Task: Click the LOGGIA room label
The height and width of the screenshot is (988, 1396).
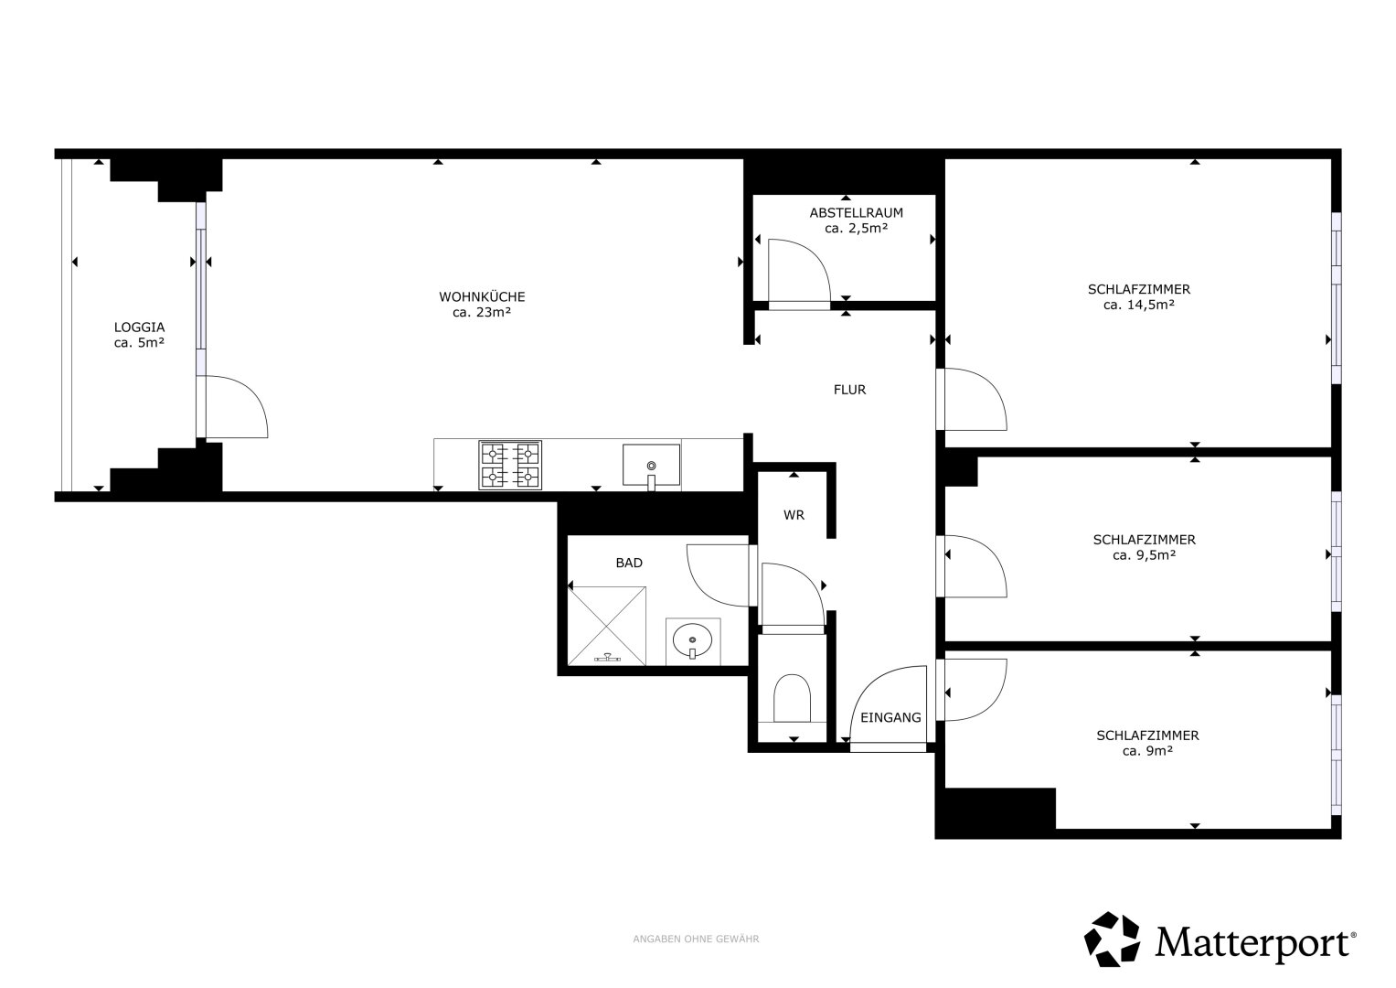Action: [139, 327]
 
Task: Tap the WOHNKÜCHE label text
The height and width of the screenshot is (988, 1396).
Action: [482, 297]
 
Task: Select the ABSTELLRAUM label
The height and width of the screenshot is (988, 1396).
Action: [857, 212]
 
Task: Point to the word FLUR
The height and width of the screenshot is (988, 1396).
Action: [849, 390]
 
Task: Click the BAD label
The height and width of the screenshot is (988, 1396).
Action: [629, 563]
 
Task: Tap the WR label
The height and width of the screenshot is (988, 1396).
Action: [794, 515]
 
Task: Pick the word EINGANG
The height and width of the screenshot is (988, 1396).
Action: [890, 718]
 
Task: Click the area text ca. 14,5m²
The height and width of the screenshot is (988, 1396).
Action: [1138, 305]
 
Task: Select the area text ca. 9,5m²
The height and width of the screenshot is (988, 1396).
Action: [1145, 555]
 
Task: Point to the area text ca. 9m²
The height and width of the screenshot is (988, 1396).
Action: [1147, 751]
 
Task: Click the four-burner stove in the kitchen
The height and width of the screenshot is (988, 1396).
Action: [510, 465]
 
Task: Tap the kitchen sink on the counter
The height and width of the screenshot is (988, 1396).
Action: [651, 466]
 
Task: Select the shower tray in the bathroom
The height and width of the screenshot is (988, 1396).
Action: [606, 626]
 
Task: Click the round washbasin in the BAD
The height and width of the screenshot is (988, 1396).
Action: [692, 640]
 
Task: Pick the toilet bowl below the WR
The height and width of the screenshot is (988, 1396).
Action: [792, 698]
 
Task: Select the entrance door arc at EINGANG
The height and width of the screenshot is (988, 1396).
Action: [871, 685]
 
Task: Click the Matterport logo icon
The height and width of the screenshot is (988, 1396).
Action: [1112, 940]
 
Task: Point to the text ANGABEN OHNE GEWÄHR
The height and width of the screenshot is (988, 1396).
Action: [696, 939]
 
